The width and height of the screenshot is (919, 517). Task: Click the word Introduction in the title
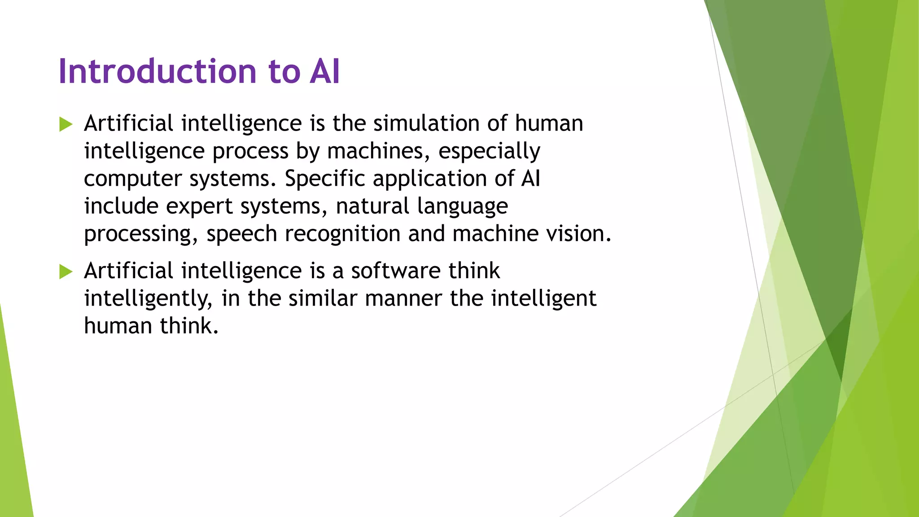point(157,72)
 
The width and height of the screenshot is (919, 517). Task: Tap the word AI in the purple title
point(324,72)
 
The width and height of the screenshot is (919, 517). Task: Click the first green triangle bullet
point(66,124)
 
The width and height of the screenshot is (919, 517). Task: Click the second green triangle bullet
point(66,272)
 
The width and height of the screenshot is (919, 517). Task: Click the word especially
point(489,151)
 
